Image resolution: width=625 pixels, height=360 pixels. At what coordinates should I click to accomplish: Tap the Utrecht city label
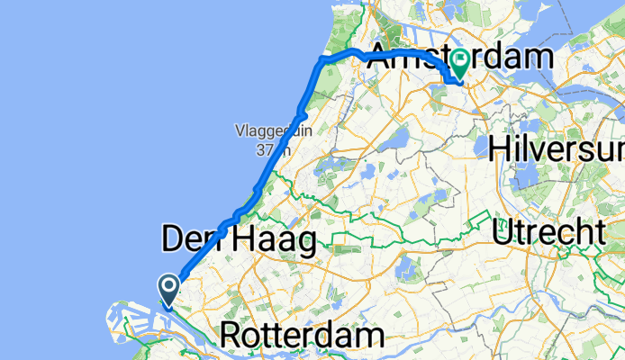[548, 233]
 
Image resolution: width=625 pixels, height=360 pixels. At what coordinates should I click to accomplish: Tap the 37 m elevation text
[267, 148]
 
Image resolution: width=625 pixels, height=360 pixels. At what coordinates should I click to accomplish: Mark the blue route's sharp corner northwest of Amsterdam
[320, 60]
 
